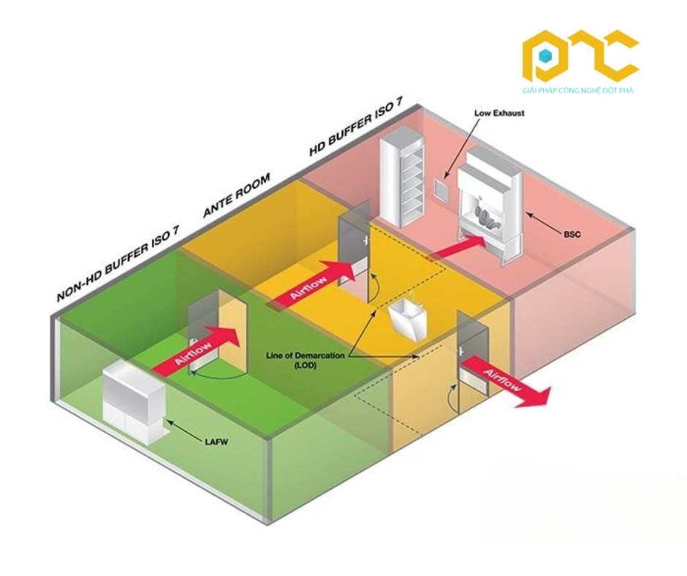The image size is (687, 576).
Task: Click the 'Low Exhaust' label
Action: click(499, 113)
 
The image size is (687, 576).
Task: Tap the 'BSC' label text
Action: click(572, 234)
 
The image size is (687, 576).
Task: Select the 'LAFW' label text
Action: click(216, 442)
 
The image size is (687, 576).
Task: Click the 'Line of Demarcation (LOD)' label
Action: click(305, 360)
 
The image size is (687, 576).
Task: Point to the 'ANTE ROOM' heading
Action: click(237, 194)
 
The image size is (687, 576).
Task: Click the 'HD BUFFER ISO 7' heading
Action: click(356, 126)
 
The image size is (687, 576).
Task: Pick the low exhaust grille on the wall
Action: click(441, 190)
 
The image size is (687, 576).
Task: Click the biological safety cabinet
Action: click(490, 206)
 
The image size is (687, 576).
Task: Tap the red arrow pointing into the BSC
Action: click(457, 247)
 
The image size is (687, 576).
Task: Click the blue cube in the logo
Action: click(544, 56)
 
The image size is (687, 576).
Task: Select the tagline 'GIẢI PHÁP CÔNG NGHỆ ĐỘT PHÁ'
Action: click(577, 91)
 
